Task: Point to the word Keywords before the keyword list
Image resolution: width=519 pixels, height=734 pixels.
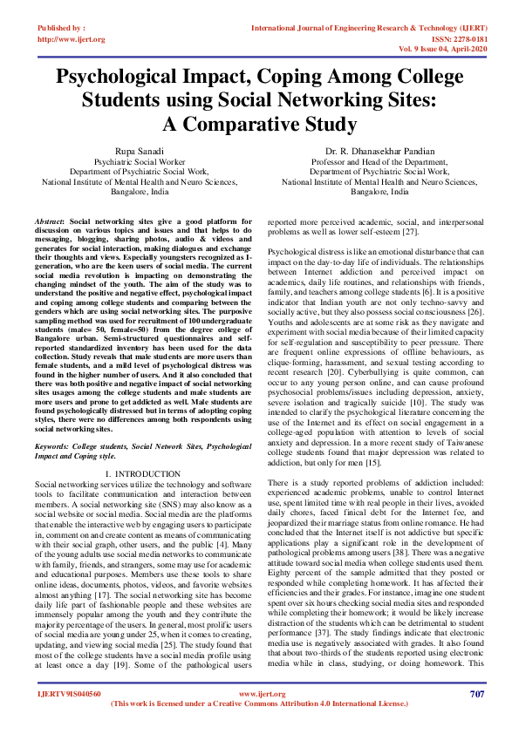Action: pos(56,444)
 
